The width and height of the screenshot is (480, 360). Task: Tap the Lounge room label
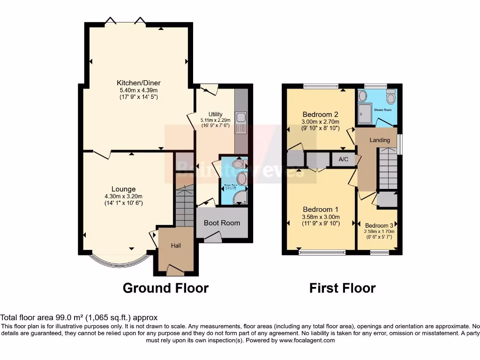[123, 189]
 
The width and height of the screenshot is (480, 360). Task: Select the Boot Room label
[222, 223]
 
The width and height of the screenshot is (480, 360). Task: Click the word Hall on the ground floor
[176, 246]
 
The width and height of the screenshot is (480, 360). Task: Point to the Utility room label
[215, 114]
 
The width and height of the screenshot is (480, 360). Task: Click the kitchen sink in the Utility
[241, 123]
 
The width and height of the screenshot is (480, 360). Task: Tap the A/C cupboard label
[344, 159]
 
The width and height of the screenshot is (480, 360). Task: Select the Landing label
[380, 140]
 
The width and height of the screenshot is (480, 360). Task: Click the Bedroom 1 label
[321, 209]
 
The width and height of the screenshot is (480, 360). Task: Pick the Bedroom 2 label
[320, 114]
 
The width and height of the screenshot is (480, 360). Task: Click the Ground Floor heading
[165, 288]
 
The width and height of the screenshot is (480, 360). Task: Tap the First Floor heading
[342, 288]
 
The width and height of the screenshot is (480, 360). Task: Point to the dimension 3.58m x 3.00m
[321, 217]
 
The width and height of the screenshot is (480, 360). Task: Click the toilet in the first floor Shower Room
[391, 97]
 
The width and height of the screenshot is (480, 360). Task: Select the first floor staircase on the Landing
[388, 167]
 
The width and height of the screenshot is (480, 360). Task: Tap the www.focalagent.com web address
[307, 340]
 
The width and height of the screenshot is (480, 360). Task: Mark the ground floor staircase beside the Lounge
[184, 205]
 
